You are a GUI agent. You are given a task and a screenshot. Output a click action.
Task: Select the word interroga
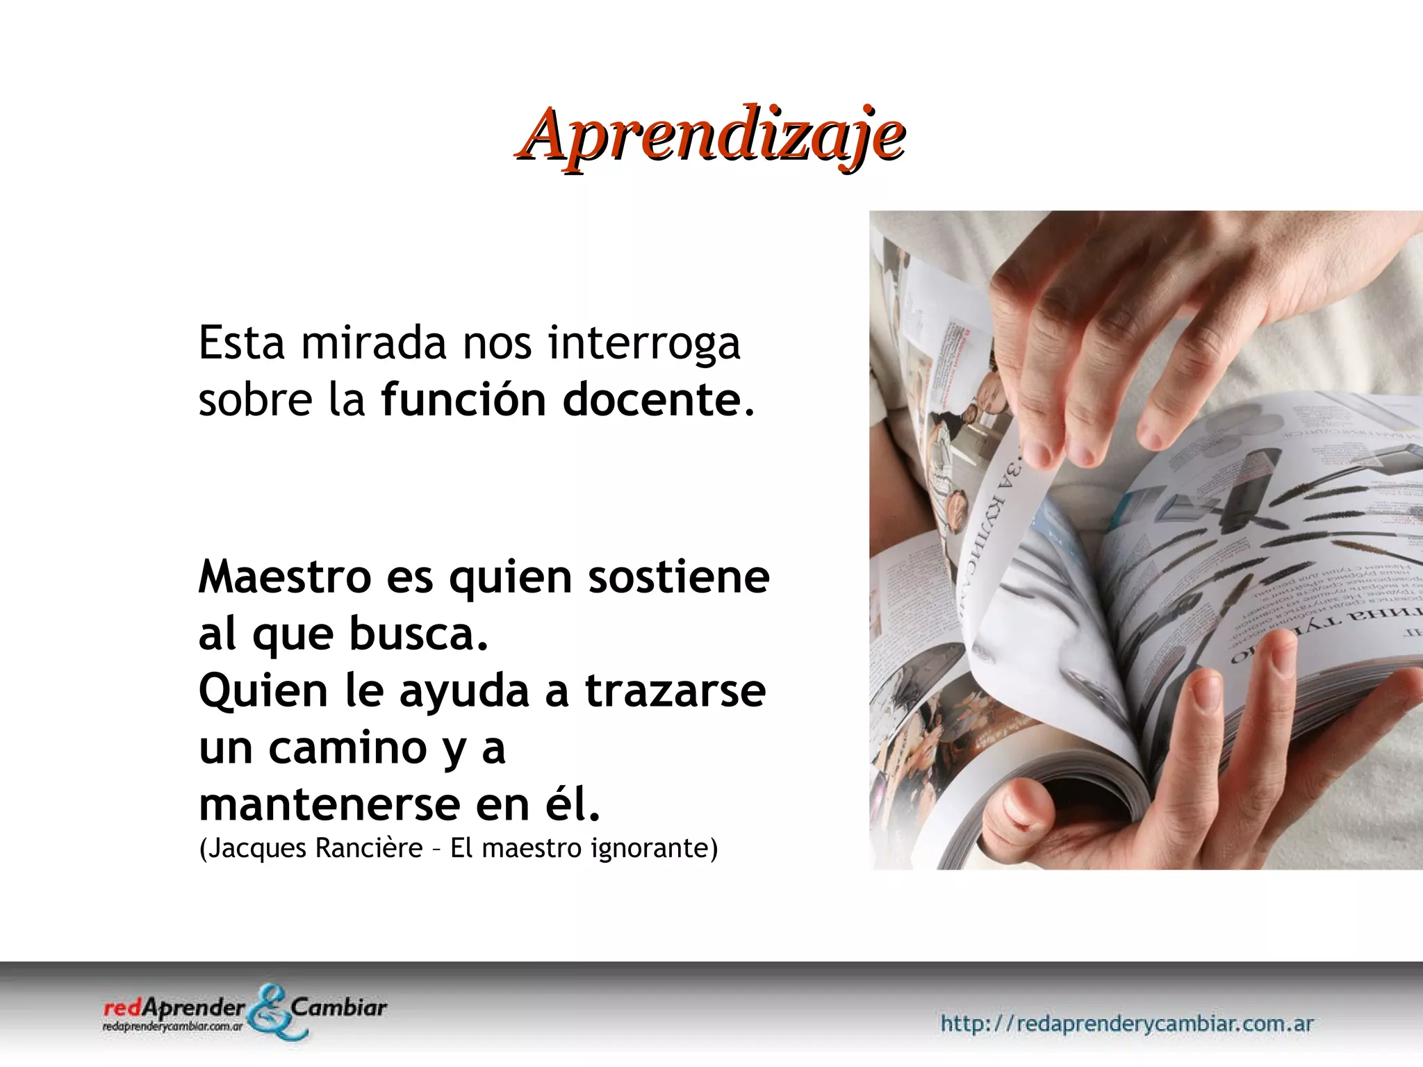click(644, 344)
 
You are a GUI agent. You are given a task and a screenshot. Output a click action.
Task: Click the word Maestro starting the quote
click(285, 577)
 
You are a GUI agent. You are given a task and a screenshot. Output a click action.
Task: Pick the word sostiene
click(679, 577)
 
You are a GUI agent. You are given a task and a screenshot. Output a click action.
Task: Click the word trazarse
click(675, 690)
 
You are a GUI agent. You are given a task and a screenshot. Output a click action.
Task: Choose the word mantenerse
click(330, 804)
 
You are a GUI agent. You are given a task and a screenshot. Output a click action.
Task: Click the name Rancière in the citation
click(368, 848)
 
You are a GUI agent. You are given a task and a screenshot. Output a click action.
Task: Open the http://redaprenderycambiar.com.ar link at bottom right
click(1126, 1023)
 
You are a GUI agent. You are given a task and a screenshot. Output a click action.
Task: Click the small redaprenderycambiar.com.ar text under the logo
click(172, 1026)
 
